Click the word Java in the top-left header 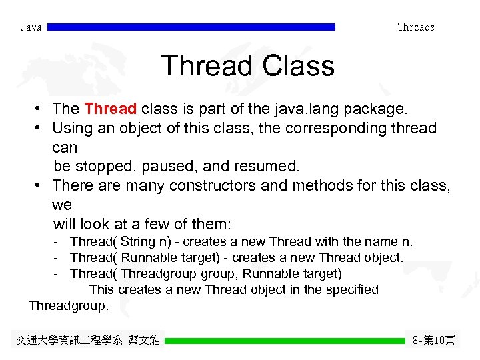coord(31,27)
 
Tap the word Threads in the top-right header coord(415,27)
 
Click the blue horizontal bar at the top coord(191,27)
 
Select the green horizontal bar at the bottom coord(285,341)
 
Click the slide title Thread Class coord(247,66)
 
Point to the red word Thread coord(111,109)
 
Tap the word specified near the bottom coord(350,289)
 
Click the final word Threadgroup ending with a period coord(67,305)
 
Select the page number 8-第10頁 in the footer coord(433,341)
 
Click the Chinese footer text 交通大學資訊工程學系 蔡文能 coord(87,341)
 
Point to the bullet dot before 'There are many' coord(41,185)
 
